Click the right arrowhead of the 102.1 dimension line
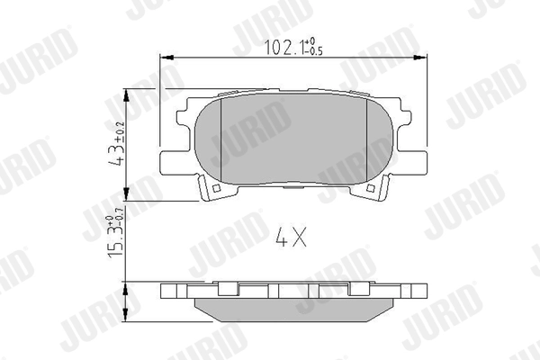(423, 58)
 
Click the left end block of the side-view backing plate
(171, 291)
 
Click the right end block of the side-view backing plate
(415, 291)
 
